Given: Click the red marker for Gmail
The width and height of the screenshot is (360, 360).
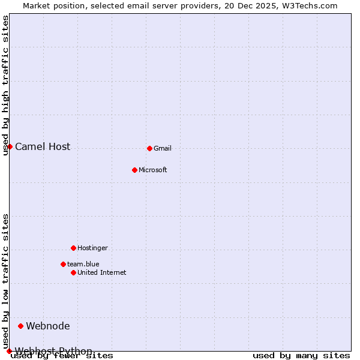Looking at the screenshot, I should (x=149, y=148).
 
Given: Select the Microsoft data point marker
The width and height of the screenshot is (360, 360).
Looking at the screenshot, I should (x=134, y=170).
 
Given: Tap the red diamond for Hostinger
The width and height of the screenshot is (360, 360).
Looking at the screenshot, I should (x=73, y=248).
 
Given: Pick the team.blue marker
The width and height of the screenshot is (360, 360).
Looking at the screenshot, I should (x=63, y=264).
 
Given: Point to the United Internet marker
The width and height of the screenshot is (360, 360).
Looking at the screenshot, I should (x=73, y=272).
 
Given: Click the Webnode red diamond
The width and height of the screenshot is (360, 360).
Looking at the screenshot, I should (x=20, y=326).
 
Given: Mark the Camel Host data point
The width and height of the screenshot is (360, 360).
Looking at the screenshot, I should (x=10, y=146).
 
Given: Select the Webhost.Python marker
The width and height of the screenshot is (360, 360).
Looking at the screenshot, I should (x=9, y=351).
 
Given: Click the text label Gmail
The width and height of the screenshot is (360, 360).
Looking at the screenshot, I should (x=163, y=148).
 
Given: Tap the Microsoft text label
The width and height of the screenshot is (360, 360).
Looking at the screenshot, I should (x=153, y=170).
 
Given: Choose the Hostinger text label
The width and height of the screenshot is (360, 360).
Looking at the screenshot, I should (x=93, y=248).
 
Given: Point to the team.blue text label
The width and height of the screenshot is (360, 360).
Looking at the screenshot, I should (x=83, y=264).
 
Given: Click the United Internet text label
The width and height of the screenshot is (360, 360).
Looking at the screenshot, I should (x=102, y=272).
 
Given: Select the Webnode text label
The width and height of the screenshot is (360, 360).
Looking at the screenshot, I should (x=48, y=326).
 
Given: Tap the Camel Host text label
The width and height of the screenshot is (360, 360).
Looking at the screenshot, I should (x=43, y=146).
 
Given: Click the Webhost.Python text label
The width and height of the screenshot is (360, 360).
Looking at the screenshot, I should (x=54, y=351).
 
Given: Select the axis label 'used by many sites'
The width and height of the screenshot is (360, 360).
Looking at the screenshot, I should (x=301, y=355).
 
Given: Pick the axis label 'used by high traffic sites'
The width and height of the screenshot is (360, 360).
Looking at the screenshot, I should (x=6, y=86).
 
